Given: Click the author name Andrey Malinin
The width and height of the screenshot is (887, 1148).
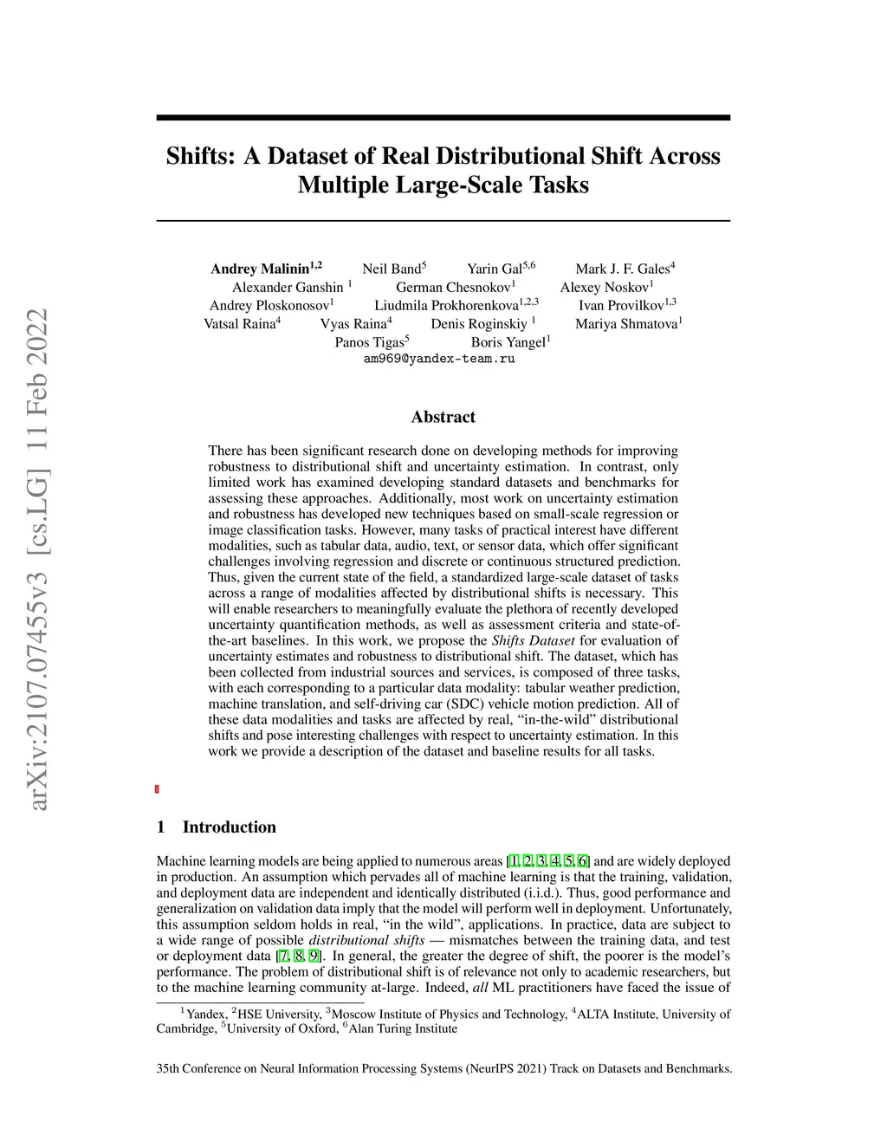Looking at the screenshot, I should [x=260, y=269].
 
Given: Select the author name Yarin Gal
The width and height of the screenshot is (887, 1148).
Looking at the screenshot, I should [x=495, y=269].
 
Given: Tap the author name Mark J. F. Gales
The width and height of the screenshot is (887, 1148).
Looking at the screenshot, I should [x=622, y=269].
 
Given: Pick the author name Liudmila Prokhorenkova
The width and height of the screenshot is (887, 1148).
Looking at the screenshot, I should [x=446, y=306].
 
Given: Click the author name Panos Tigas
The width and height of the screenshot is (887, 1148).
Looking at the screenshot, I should [x=370, y=342].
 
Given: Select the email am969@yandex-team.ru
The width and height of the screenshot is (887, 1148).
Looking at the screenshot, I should [x=439, y=359].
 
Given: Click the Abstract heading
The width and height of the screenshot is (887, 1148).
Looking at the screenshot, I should [x=443, y=417].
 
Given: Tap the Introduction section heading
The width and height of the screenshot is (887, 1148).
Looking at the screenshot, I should [x=229, y=827].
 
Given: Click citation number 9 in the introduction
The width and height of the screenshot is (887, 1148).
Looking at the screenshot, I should [x=314, y=957].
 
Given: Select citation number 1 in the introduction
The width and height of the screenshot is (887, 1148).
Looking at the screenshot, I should [x=515, y=861].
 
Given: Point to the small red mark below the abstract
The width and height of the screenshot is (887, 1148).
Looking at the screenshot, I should [x=157, y=789].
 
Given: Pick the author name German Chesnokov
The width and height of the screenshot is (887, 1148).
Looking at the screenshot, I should [x=453, y=288].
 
